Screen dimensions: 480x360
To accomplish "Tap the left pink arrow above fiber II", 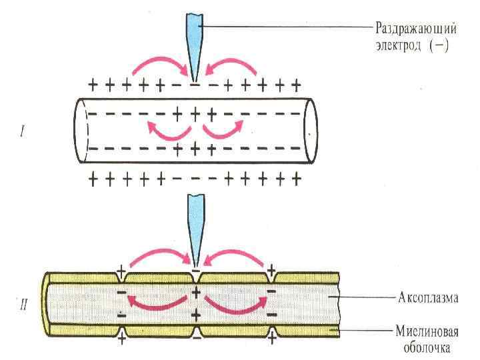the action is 157,256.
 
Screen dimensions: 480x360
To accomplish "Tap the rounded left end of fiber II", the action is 48,303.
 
